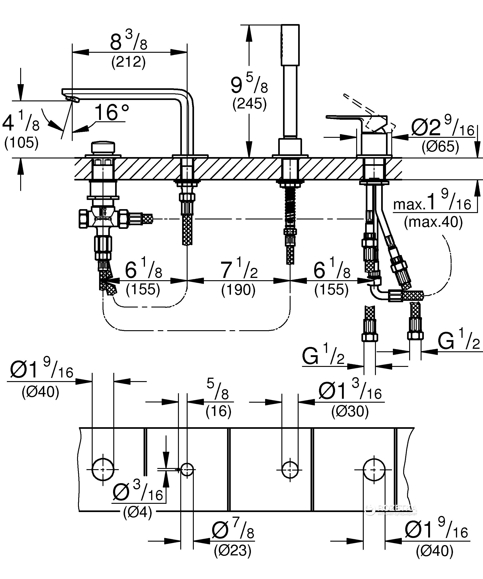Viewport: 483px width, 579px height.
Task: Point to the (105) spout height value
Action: click(x=21, y=143)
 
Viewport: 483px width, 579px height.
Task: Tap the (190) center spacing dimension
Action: click(x=238, y=290)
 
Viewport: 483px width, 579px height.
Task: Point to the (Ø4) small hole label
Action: click(x=138, y=513)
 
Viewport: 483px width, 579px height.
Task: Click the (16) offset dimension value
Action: click(x=218, y=411)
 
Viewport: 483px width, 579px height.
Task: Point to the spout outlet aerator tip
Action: click(x=72, y=99)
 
